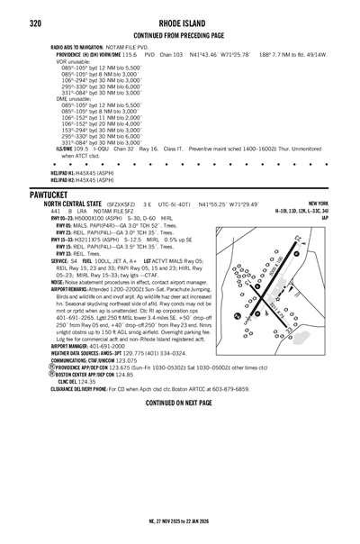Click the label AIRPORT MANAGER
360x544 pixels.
point(69,345)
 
